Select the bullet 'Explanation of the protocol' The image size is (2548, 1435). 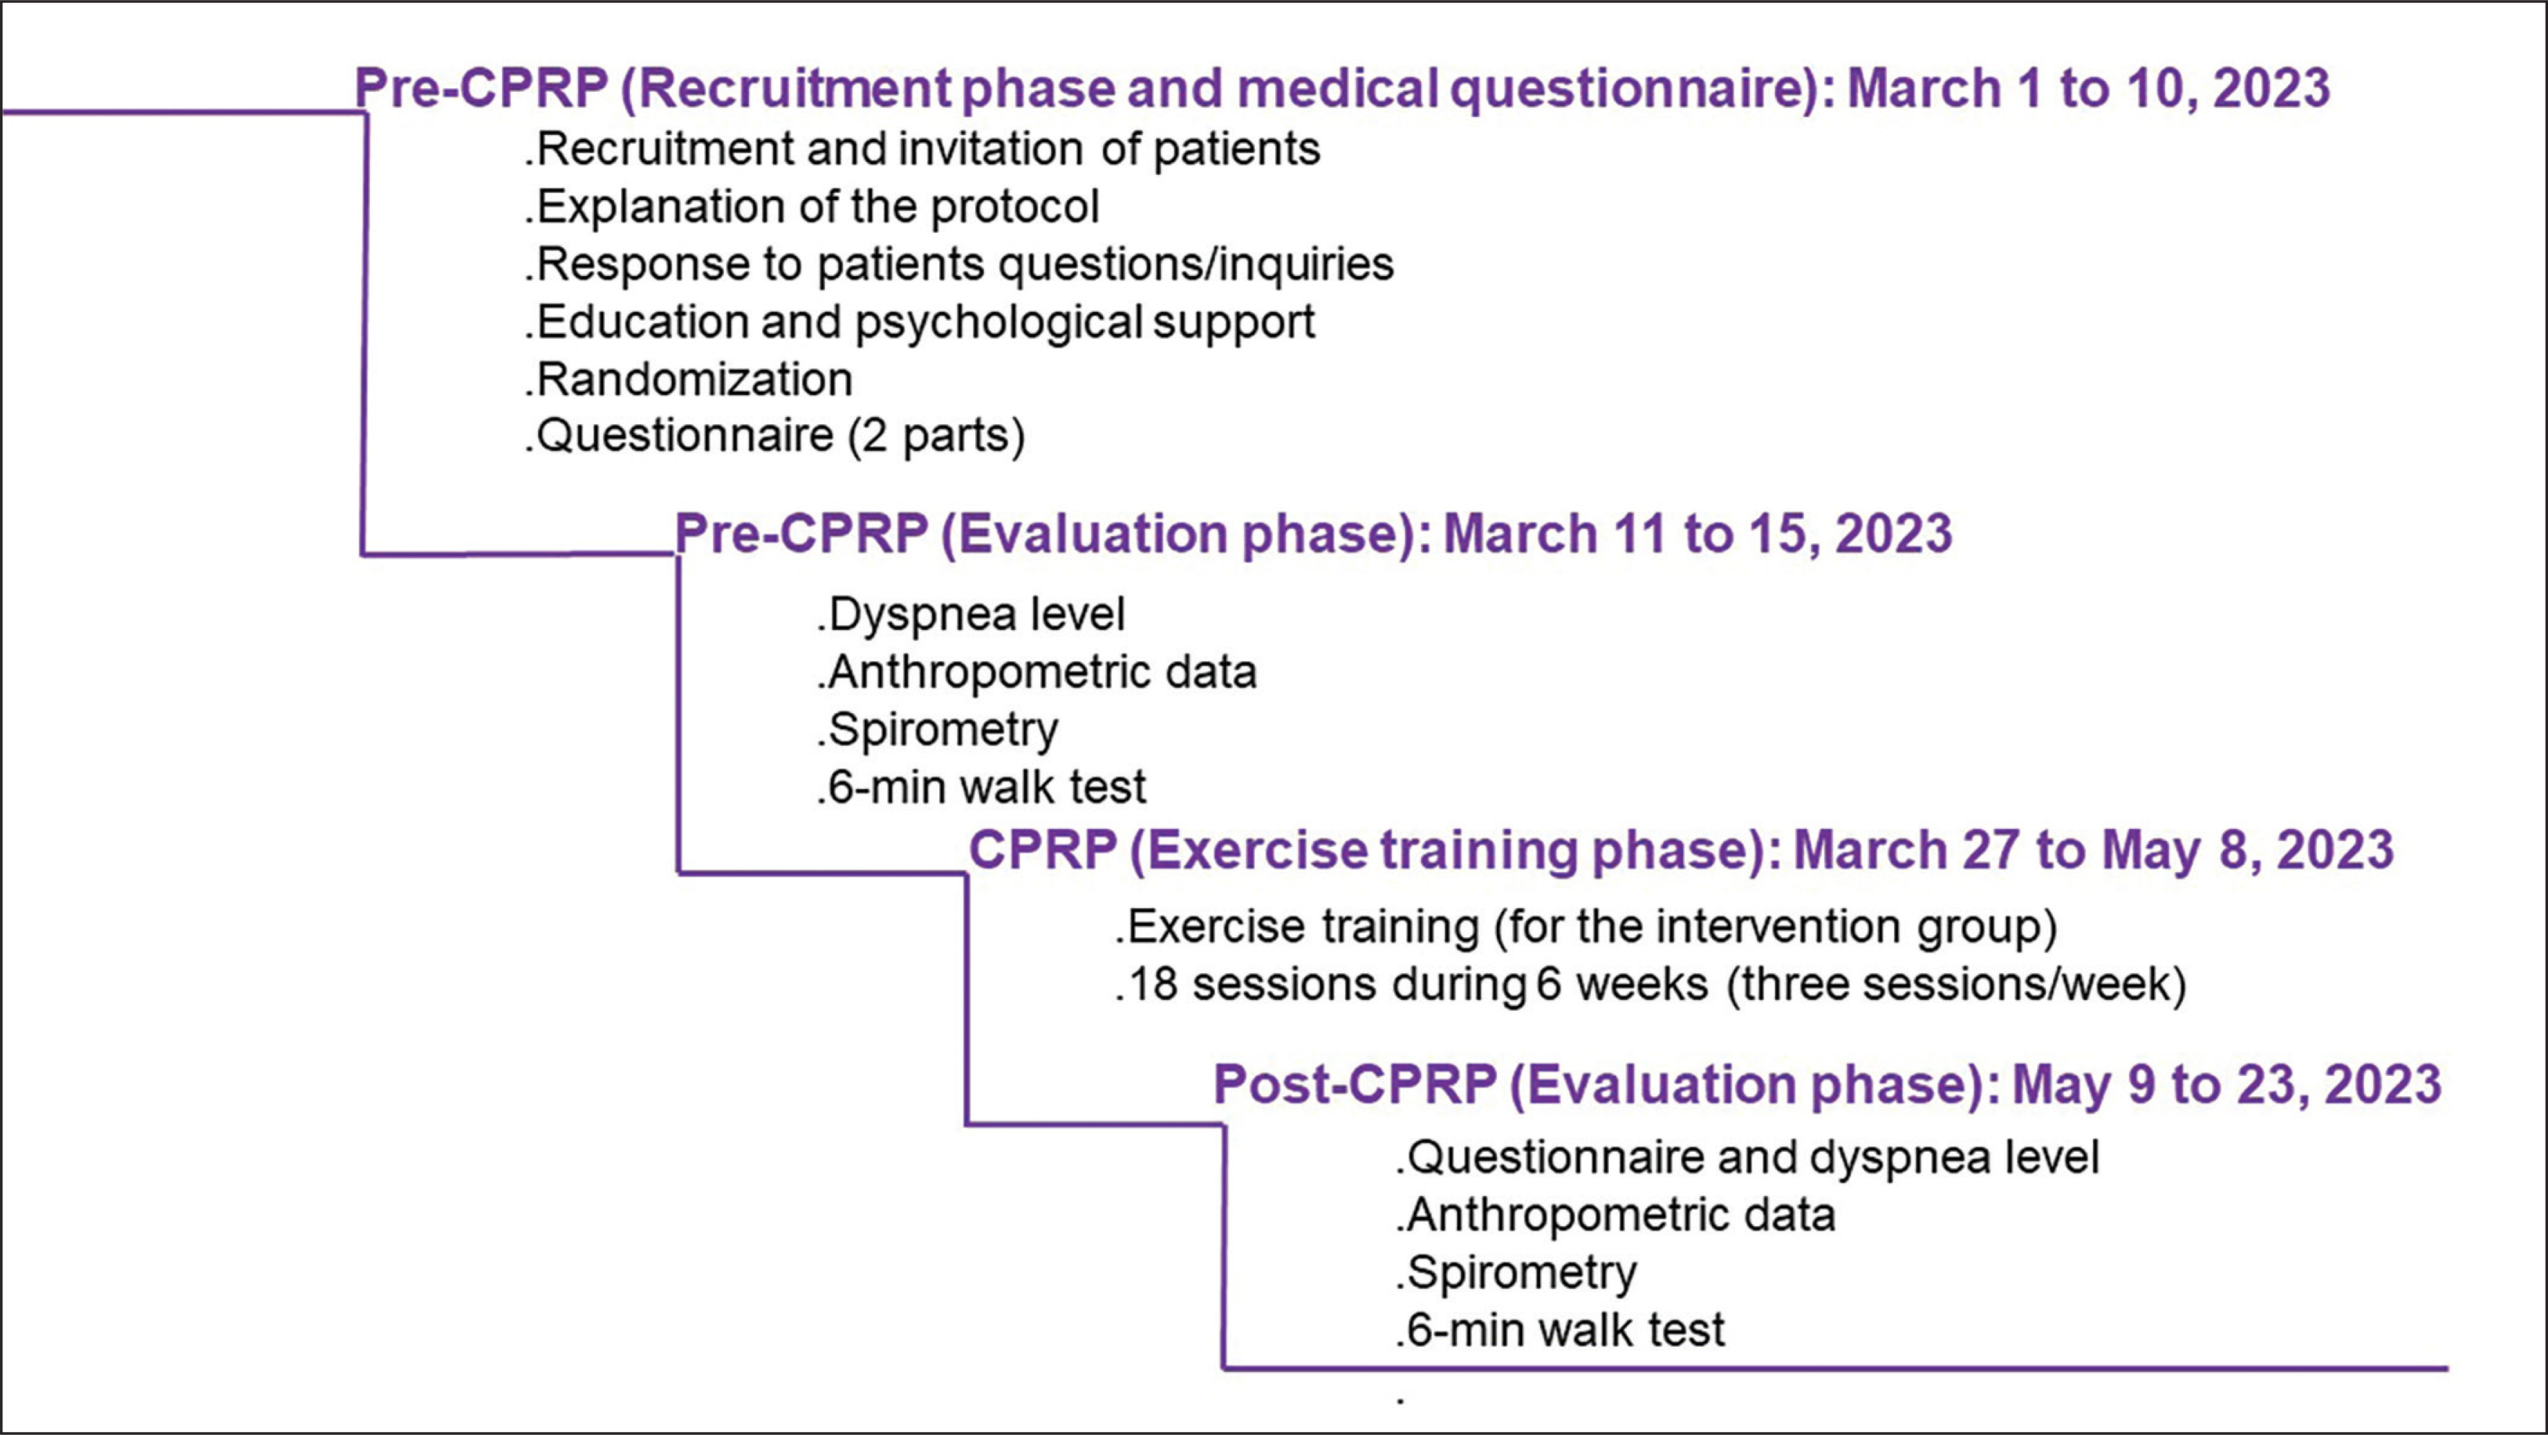(812, 207)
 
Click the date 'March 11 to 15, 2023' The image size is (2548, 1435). (1698, 534)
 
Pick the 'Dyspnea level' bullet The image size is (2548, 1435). (972, 615)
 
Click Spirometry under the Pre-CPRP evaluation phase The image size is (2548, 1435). (938, 731)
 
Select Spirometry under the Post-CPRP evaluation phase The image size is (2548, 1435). (1516, 1273)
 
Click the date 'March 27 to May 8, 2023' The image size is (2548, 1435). (2094, 850)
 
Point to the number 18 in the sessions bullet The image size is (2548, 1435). (1152, 985)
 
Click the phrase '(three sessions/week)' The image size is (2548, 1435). (1956, 985)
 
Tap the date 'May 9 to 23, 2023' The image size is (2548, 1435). (2227, 1085)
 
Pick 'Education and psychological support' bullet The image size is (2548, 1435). (920, 322)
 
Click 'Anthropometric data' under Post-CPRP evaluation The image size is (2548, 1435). (1615, 1215)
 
